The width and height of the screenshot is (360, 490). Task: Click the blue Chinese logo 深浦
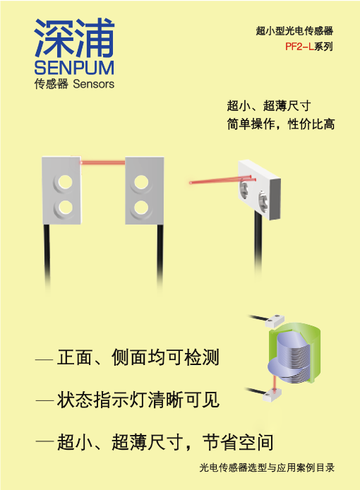click(x=74, y=37)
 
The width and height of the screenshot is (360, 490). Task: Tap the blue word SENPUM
click(x=74, y=68)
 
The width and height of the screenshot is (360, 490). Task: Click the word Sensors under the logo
click(x=93, y=84)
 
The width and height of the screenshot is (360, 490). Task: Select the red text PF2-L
click(x=299, y=47)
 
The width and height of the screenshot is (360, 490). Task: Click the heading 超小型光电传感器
click(x=294, y=30)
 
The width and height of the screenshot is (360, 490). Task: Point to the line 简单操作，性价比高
click(x=281, y=124)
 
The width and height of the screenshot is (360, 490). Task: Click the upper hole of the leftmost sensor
click(x=65, y=181)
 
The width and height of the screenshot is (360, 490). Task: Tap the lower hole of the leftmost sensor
click(x=65, y=207)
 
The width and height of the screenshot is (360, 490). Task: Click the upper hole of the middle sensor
click(x=141, y=181)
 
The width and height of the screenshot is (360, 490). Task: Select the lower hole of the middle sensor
click(x=141, y=207)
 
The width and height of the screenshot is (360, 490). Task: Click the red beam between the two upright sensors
click(x=103, y=162)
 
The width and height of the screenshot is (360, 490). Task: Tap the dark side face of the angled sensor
click(x=274, y=198)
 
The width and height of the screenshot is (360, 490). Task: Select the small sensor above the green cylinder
click(x=275, y=321)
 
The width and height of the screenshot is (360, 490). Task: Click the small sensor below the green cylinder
click(x=272, y=395)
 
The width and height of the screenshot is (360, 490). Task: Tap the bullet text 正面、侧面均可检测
click(x=138, y=357)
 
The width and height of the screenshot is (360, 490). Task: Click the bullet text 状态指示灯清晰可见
click(x=138, y=400)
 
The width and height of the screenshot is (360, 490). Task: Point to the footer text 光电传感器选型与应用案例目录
click(x=267, y=467)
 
